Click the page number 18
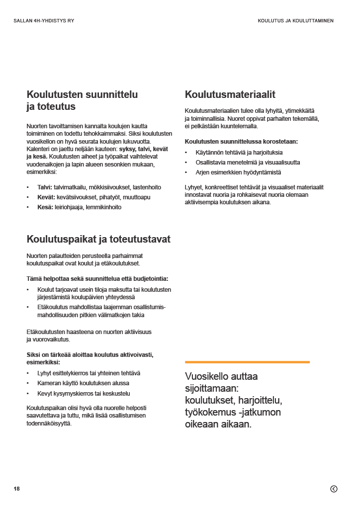pyautogui.click(x=17, y=489)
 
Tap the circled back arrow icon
pyautogui.click(x=334, y=489)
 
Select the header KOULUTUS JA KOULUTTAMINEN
pyautogui.click(x=295, y=21)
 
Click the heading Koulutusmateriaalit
pyautogui.click(x=230, y=94)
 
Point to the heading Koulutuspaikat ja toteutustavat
pyautogui.click(x=98, y=240)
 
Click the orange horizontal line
pyautogui.click(x=247, y=362)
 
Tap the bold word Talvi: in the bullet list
pyautogui.click(x=45, y=187)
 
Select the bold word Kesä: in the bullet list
pyautogui.click(x=45, y=207)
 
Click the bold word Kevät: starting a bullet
pyautogui.click(x=46, y=197)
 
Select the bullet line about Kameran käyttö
pyautogui.click(x=83, y=383)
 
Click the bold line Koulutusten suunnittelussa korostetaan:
pyautogui.click(x=241, y=142)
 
